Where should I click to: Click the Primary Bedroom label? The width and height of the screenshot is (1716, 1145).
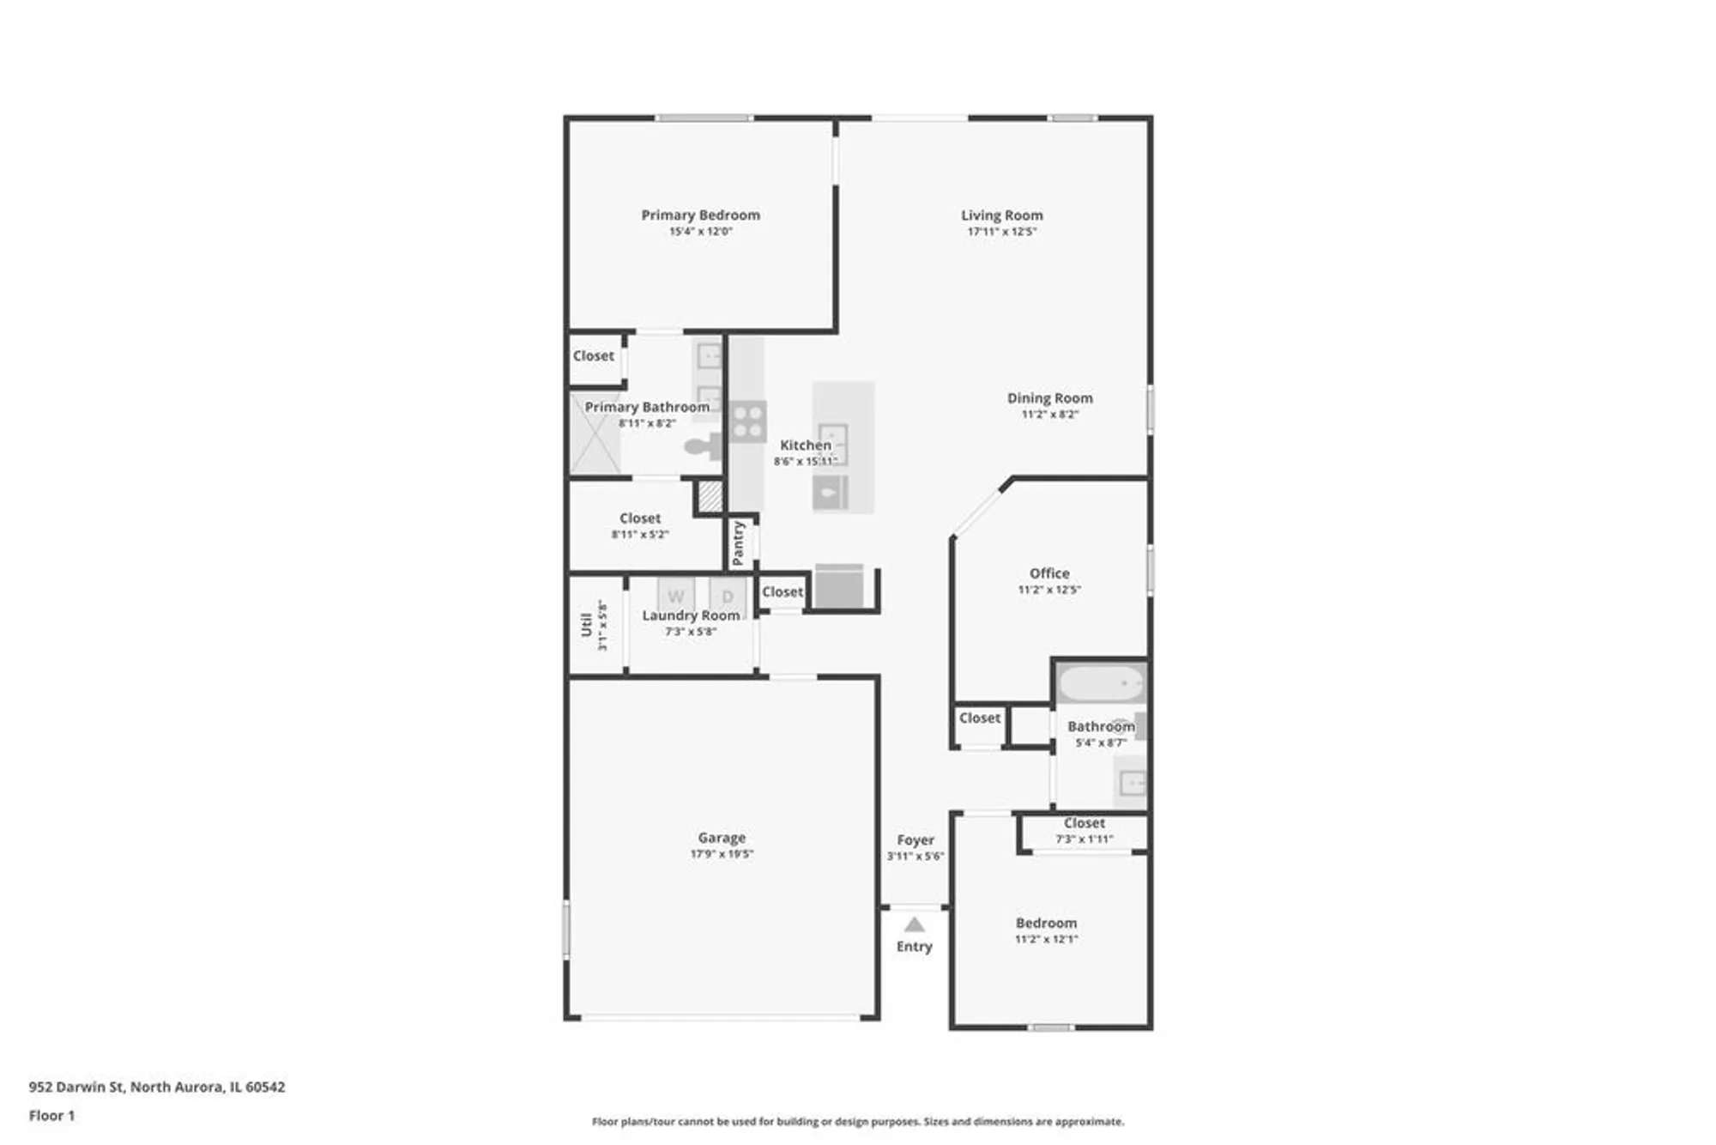click(700, 215)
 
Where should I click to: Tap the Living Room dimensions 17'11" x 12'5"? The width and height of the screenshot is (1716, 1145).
click(1001, 232)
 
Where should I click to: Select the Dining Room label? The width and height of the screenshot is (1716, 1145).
click(1049, 398)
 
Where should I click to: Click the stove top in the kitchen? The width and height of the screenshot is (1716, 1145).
click(747, 421)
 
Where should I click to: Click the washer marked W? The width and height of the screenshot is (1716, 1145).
click(676, 596)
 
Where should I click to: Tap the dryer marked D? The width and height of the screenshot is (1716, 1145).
click(728, 596)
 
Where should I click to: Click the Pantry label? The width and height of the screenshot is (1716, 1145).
click(739, 542)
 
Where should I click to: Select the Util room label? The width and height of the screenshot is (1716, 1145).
click(586, 625)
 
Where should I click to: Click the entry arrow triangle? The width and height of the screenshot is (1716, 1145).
click(915, 924)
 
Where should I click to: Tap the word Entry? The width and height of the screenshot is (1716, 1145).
click(914, 946)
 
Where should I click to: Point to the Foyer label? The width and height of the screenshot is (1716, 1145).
click(915, 840)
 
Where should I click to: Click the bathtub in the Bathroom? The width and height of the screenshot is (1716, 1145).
click(1101, 684)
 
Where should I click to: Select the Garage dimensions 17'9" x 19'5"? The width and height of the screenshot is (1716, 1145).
click(722, 854)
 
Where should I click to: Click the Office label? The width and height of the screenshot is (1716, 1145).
click(1049, 573)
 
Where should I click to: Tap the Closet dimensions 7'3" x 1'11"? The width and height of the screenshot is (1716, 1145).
click(1084, 839)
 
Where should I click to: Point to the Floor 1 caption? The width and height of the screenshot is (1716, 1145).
click(51, 1115)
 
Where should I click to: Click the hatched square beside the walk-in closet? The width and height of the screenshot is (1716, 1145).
click(709, 496)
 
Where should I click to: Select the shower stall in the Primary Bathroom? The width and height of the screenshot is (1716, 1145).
click(595, 433)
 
